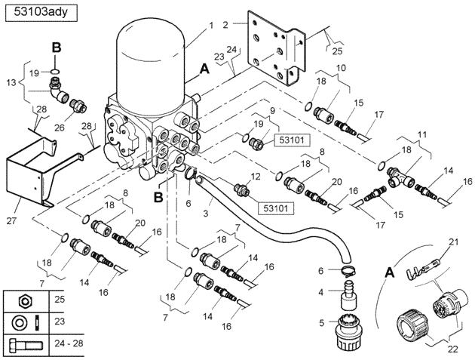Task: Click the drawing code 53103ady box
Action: (x=41, y=13)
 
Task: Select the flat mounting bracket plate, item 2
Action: (x=275, y=48)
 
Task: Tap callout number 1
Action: (x=211, y=25)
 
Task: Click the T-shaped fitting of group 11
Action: (x=400, y=177)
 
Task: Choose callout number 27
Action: (x=11, y=220)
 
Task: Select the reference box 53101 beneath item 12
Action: (x=276, y=208)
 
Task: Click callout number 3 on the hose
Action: (x=206, y=214)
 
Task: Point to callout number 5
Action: (x=321, y=322)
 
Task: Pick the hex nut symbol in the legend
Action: (x=25, y=300)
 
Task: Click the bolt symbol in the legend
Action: (x=26, y=345)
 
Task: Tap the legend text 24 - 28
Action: (x=69, y=343)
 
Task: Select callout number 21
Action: (x=453, y=242)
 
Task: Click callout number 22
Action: (x=452, y=349)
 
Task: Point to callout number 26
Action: (x=60, y=128)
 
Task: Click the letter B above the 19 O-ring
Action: (x=57, y=48)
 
